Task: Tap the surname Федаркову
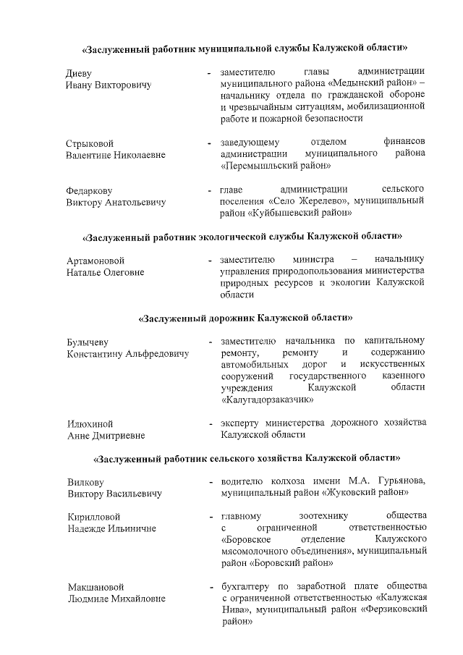point(89,190)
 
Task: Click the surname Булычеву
point(88,342)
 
